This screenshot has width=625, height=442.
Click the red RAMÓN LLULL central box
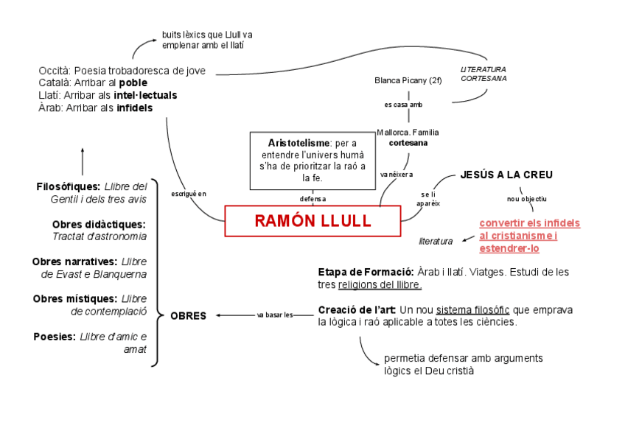(312, 221)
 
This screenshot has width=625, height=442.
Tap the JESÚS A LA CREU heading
(506, 175)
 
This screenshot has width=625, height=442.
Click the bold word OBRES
(188, 316)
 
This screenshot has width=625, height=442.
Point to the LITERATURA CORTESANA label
(483, 74)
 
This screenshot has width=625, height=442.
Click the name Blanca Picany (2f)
(408, 80)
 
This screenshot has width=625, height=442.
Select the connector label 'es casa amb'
(403, 105)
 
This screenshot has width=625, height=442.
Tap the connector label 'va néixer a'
(396, 175)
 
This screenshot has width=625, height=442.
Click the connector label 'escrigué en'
(189, 194)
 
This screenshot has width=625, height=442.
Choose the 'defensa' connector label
(312, 199)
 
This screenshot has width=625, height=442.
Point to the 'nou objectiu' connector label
(527, 199)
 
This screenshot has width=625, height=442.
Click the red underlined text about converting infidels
(529, 236)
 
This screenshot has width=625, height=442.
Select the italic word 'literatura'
(436, 241)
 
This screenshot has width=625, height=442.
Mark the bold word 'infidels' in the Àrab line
(134, 108)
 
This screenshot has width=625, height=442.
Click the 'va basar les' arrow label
(275, 315)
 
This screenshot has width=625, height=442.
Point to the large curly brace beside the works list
(157, 273)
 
